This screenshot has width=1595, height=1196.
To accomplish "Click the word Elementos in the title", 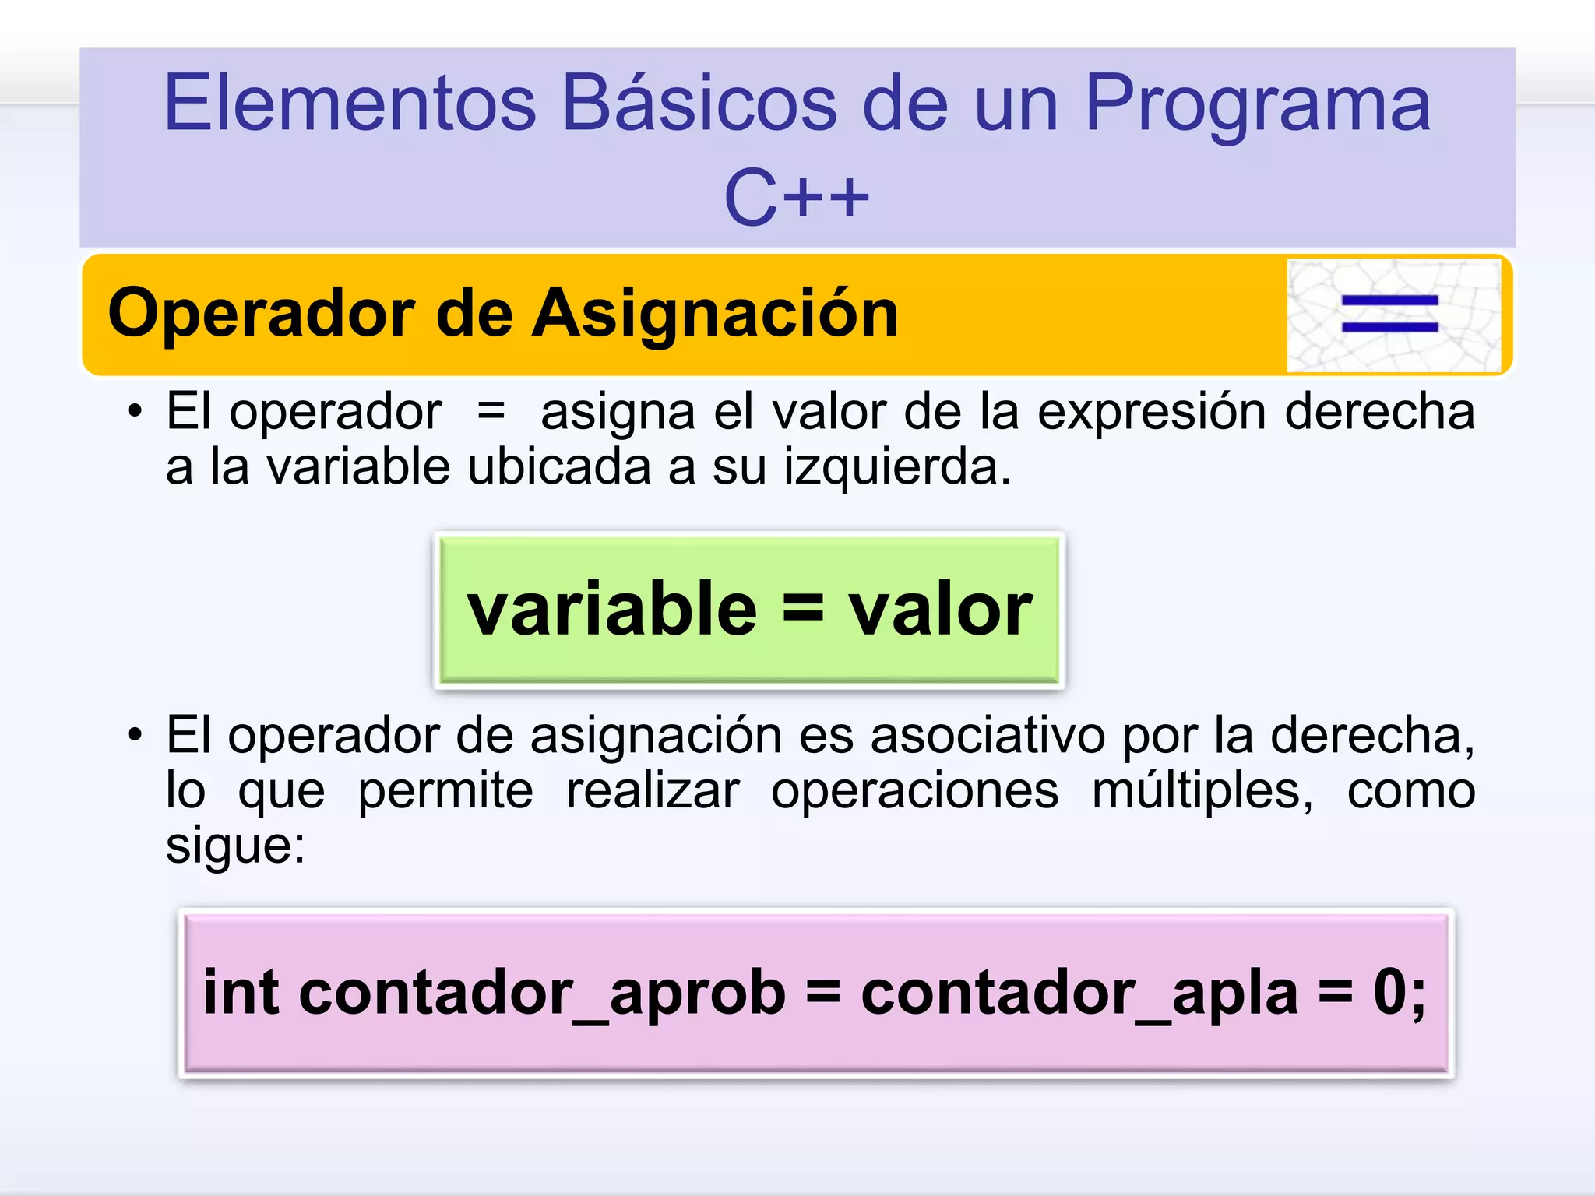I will pos(350,103).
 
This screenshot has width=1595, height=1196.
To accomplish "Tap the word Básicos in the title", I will pos(699,103).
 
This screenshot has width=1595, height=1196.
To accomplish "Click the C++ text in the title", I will pos(796,198).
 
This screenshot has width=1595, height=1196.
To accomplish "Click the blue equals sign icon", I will pos(1389,315).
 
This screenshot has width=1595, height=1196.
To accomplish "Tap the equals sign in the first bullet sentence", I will pos(491,410).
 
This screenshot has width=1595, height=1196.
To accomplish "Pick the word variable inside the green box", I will pos(611,609).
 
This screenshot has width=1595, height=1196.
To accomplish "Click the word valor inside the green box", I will pos(940,609).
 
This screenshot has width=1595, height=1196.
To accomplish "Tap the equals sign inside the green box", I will pos(802,608).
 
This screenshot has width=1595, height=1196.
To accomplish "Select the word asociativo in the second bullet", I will pos(987,735).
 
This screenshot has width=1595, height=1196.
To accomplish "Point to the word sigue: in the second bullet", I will pos(235,846).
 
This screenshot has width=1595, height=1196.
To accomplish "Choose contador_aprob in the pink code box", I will pos(541,994).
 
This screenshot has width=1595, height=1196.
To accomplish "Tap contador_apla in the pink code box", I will pos(1079,994).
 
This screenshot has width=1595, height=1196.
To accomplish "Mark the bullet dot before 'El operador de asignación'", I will pos(136,736).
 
